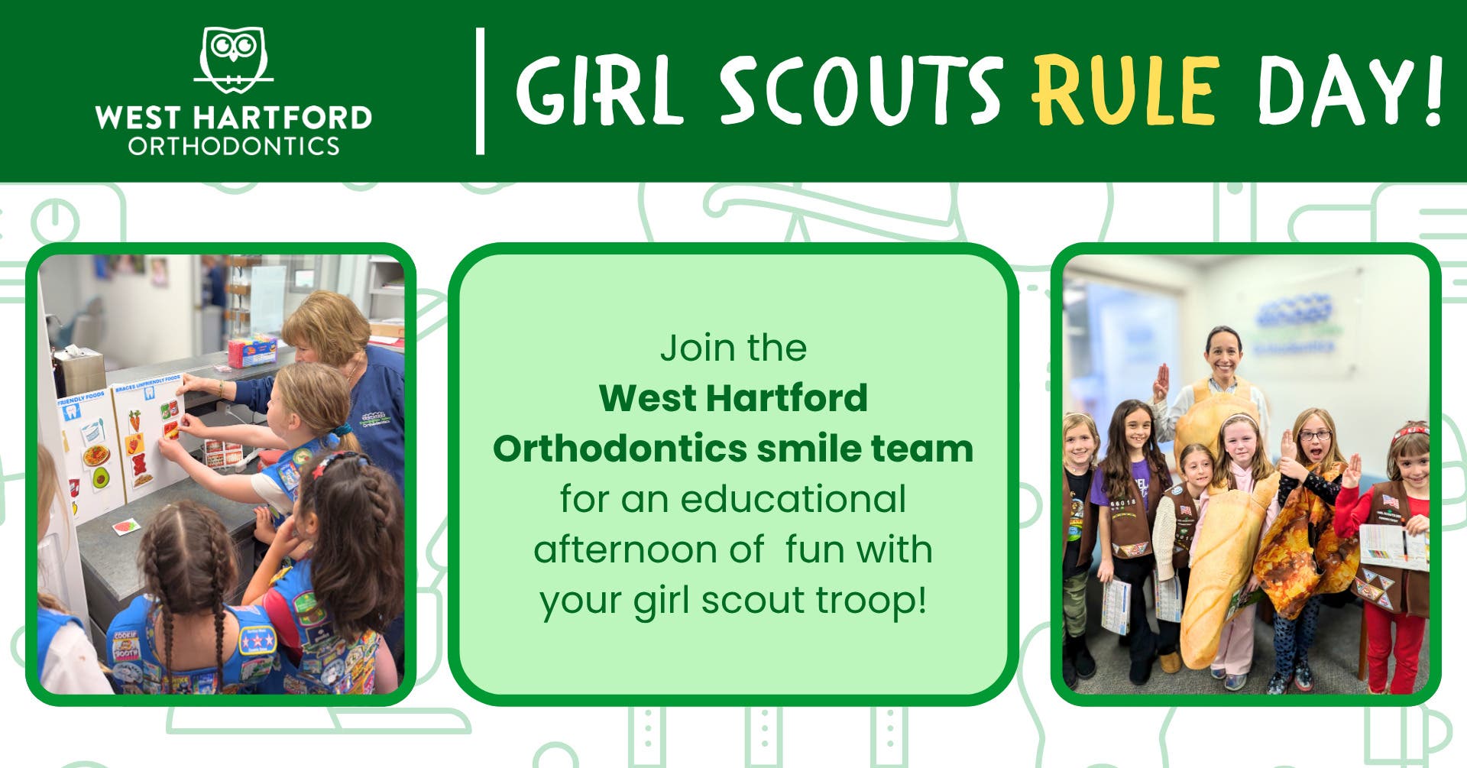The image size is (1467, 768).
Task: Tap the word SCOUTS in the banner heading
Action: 860,91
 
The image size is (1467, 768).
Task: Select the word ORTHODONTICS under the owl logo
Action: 233,146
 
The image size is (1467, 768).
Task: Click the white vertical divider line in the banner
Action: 480,92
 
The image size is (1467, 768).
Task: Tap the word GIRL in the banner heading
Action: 599,91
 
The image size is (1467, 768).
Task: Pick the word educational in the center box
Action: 793,500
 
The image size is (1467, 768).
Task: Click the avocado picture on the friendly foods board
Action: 100,478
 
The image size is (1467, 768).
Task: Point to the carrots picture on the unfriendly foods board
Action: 134,420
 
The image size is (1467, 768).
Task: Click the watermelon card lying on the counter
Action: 125,526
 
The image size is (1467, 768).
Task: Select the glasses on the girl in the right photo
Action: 1315,436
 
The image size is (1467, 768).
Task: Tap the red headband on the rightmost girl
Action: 1410,433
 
